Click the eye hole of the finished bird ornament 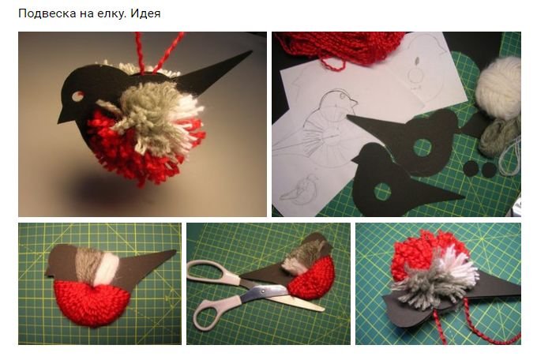pos(77,96)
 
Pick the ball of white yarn pos(498,88)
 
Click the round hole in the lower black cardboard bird pos(382,191)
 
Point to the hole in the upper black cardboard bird pos(423,148)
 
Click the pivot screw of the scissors pos(263,291)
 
